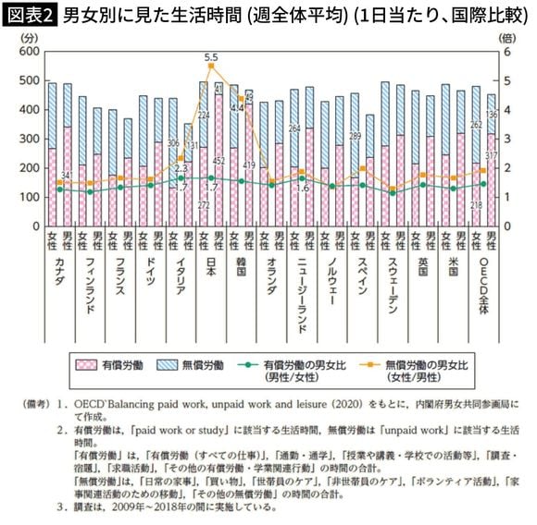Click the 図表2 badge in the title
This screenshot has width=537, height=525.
[30, 14]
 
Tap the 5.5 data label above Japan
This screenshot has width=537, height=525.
[211, 56]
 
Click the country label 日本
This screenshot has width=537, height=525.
[212, 273]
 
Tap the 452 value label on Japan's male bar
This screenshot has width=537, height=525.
[219, 158]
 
